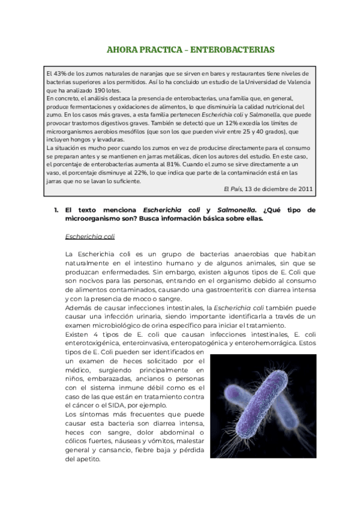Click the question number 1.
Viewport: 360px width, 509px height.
pos(55,210)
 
